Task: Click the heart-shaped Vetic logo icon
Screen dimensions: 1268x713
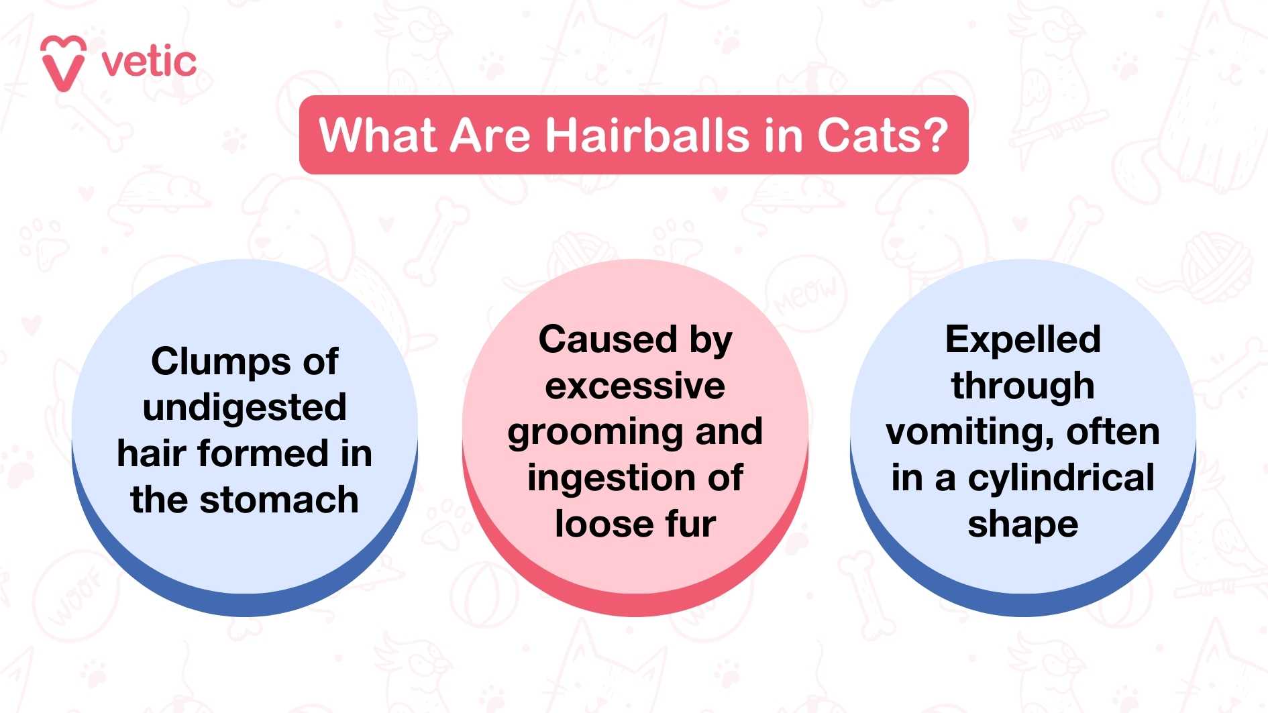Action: tap(64, 63)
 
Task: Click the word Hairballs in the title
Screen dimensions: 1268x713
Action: tap(647, 135)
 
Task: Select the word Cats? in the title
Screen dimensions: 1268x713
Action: tap(882, 135)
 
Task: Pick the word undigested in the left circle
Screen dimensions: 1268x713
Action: tap(245, 408)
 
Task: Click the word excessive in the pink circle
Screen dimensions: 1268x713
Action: tap(635, 386)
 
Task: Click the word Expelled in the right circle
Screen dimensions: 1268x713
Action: tap(1023, 340)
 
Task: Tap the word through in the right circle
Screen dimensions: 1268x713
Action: tap(1023, 387)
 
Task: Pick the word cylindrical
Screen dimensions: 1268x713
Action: tap(1061, 478)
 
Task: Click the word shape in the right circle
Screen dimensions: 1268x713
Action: tap(1023, 525)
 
